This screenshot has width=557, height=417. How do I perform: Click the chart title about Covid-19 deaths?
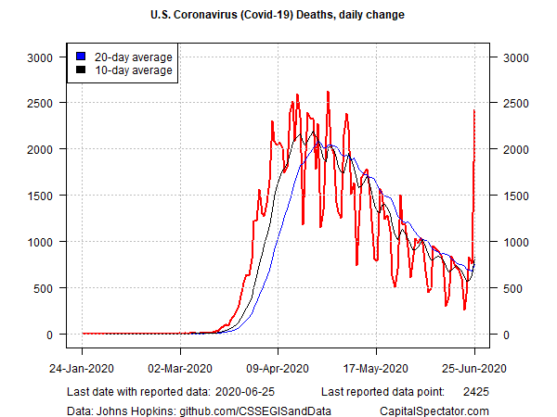tap(278, 16)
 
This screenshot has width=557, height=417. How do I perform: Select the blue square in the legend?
tap(82, 57)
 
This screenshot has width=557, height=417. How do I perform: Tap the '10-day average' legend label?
tap(134, 70)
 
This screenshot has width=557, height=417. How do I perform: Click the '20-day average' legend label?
tap(134, 57)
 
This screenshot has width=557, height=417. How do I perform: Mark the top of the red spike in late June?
tap(474, 110)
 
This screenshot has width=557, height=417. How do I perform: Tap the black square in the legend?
tap(82, 70)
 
